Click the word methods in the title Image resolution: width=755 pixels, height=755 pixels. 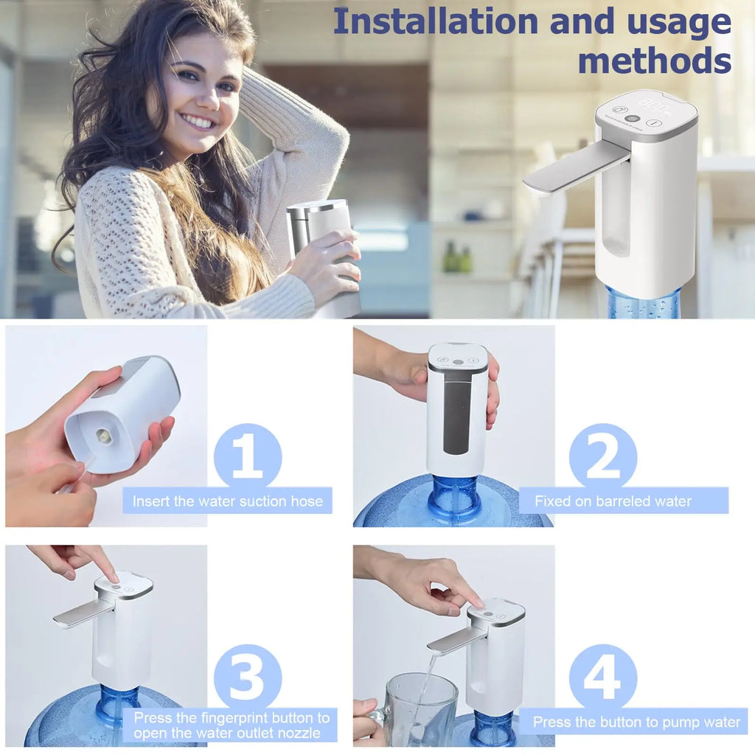[654, 60]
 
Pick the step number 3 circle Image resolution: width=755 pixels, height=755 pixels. [247, 678]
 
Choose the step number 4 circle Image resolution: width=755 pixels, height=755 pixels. [602, 678]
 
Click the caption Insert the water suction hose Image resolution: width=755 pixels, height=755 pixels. [227, 501]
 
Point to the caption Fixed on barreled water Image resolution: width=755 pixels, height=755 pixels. [613, 501]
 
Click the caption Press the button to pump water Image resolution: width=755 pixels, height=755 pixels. [636, 722]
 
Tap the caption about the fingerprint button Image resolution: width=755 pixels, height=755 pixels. [231, 725]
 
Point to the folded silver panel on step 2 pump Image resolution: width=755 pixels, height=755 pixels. [457, 413]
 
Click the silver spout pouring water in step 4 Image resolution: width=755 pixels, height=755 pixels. [450, 639]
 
